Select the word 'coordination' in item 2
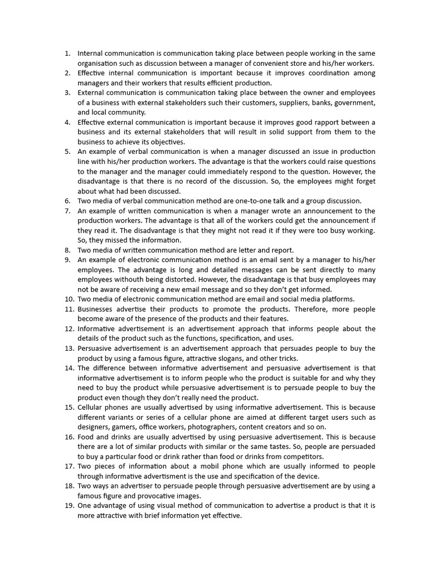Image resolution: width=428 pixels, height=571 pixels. (x=335, y=73)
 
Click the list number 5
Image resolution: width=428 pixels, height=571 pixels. (x=67, y=152)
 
